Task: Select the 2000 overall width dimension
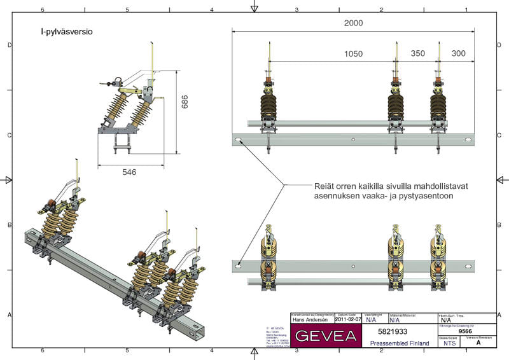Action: point(353,23)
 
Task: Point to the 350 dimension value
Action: point(417,54)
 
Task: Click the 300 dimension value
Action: point(458,54)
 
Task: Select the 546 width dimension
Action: point(129,172)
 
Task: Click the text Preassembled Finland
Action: point(399,343)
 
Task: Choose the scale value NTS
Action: point(450,342)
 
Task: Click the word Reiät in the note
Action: point(325,186)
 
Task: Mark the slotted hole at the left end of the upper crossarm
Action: point(239,140)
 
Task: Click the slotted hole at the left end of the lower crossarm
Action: point(239,265)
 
